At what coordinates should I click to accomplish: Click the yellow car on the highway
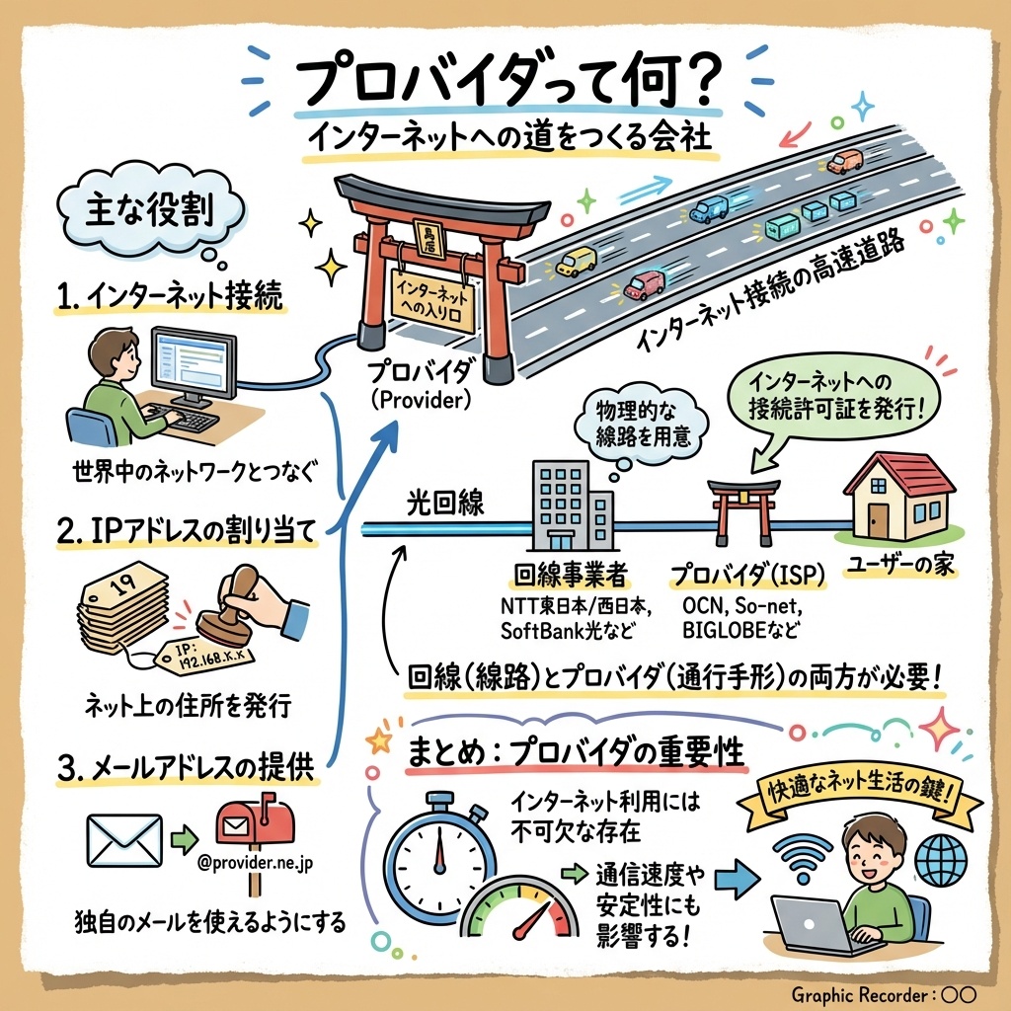point(576,261)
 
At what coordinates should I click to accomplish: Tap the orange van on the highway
point(845,161)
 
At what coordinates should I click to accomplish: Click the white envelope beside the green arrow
point(123,840)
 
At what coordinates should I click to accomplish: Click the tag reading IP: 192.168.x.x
point(203,660)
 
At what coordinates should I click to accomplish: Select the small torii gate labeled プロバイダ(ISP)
point(743,510)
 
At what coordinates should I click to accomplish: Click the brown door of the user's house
point(878,519)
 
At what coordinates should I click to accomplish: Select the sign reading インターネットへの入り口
point(432,301)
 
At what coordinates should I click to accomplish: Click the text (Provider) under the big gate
point(421,401)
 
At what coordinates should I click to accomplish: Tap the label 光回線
point(445,503)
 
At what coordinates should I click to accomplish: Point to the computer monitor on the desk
point(194,364)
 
